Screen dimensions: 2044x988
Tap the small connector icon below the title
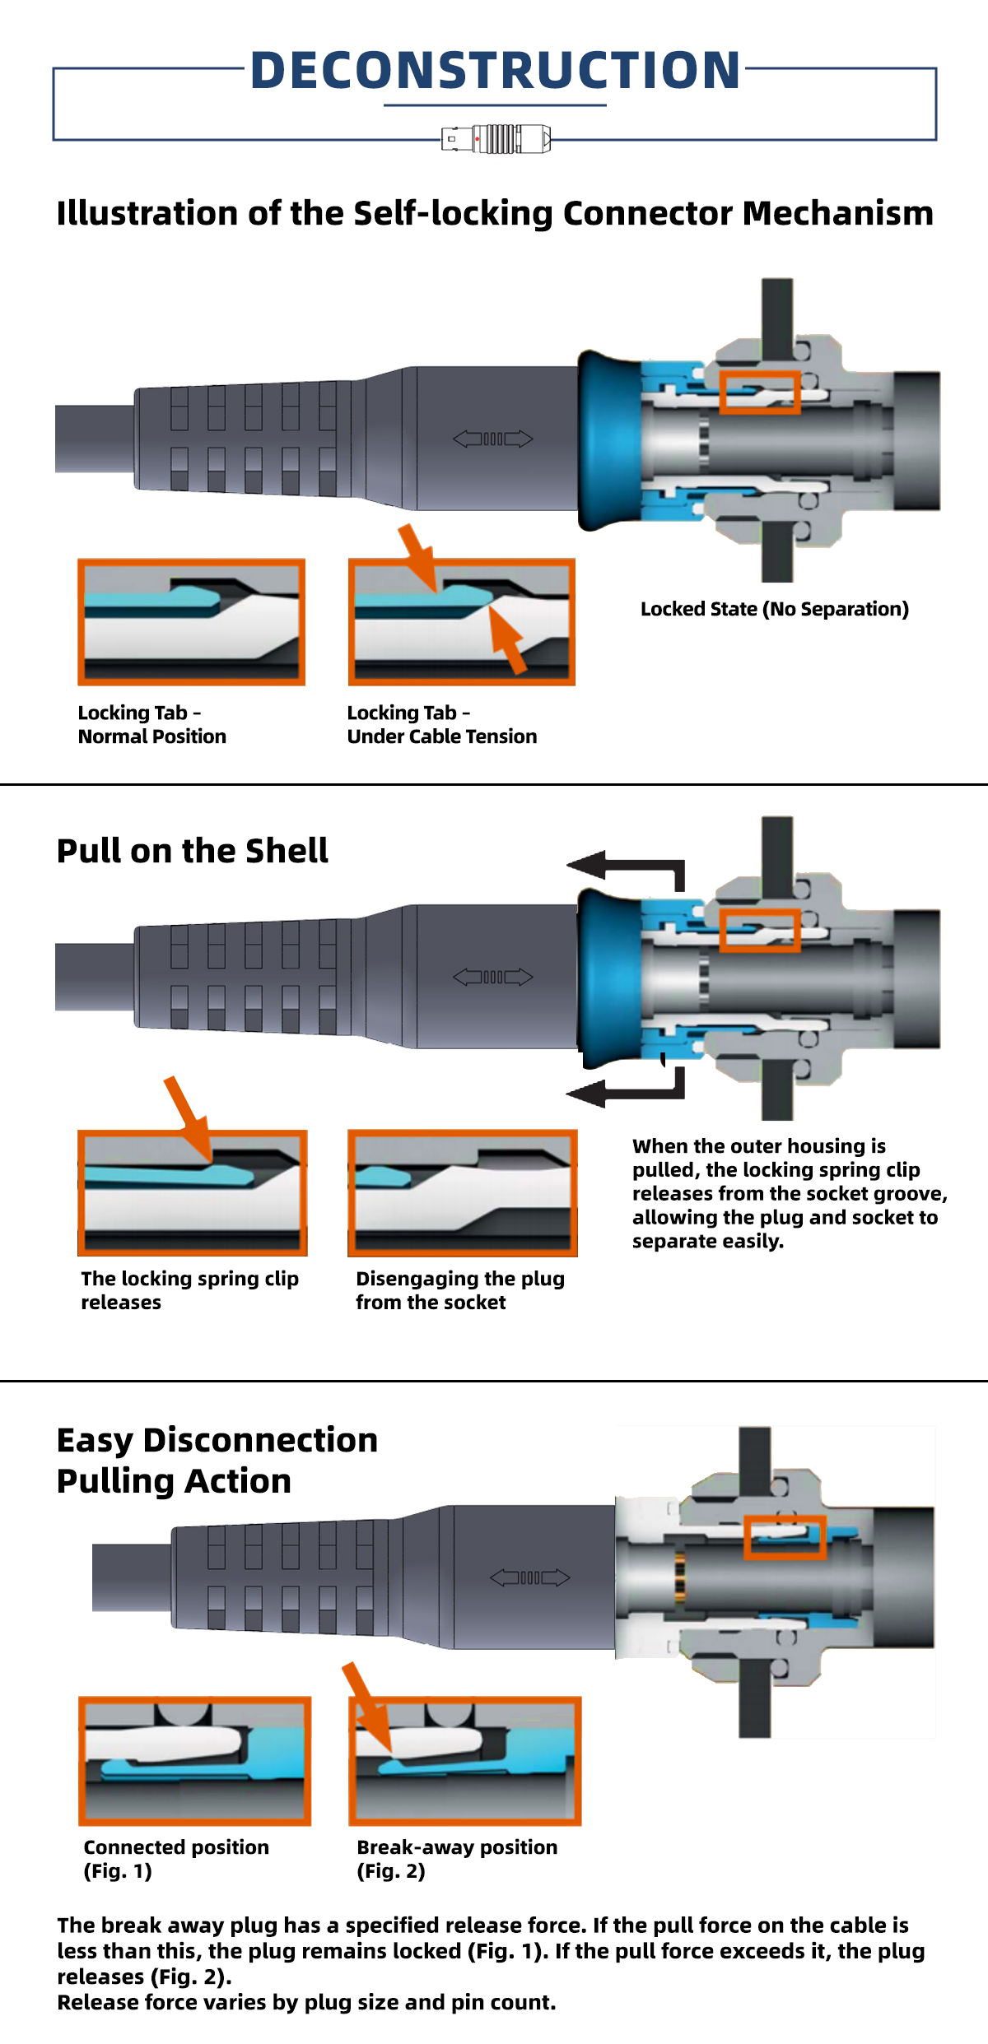496,139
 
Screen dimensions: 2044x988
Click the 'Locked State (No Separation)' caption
774,609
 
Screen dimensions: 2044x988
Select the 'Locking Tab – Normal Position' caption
151,724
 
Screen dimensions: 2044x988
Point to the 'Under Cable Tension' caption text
441,736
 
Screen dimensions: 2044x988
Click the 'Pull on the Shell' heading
192,851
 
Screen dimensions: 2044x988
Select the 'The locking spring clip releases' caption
189,1290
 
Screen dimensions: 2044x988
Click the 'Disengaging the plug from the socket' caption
459,1290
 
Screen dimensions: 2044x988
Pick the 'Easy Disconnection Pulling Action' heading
217,1461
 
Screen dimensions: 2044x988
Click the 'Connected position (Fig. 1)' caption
175,1859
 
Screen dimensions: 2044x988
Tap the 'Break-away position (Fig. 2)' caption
456,1859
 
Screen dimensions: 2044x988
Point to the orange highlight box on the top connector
759,392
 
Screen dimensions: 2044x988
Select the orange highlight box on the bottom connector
785,1537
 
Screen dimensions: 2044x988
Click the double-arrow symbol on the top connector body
493,439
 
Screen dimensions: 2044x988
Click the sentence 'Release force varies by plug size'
306,2002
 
